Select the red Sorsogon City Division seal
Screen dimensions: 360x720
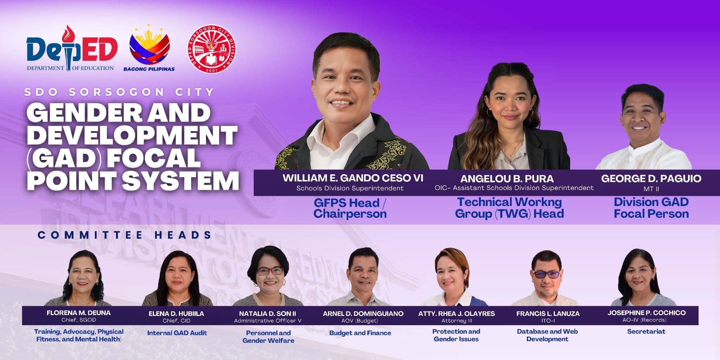coord(212,49)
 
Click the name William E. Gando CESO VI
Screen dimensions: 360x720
coord(353,178)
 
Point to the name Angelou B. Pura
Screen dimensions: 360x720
coord(507,179)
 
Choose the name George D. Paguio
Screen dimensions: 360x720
coord(651,179)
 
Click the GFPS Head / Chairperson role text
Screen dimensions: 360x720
coord(350,208)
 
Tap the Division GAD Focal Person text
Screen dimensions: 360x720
coord(651,208)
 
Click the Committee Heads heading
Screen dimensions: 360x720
coord(124,235)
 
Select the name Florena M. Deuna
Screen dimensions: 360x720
coord(78,313)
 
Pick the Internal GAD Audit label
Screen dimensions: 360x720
coord(177,333)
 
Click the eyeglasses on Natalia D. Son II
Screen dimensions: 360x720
coord(270,271)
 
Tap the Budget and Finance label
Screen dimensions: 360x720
coord(360,333)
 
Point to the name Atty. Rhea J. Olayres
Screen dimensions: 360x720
coord(456,314)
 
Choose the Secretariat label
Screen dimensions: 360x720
coord(646,332)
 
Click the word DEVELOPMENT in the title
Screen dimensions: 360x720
coord(132,135)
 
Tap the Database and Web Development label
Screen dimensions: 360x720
coord(547,335)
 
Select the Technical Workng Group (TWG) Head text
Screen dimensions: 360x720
coord(509,208)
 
